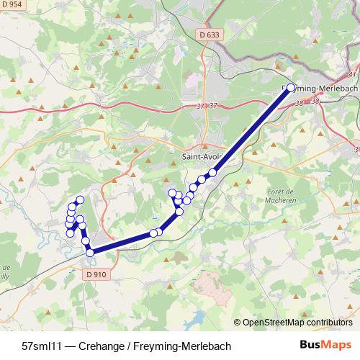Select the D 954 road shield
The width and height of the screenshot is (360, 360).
tap(12, 5)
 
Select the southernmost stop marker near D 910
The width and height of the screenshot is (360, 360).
tap(90, 253)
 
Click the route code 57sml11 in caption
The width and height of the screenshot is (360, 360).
tap(45, 346)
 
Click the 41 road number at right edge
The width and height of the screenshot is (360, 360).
tap(351, 74)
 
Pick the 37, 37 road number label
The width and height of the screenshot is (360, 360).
tap(207, 107)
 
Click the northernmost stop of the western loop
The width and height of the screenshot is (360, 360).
tap(80, 199)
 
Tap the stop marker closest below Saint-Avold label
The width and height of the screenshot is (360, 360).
tap(212, 172)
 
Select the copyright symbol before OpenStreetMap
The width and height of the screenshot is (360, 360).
tap(238, 323)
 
